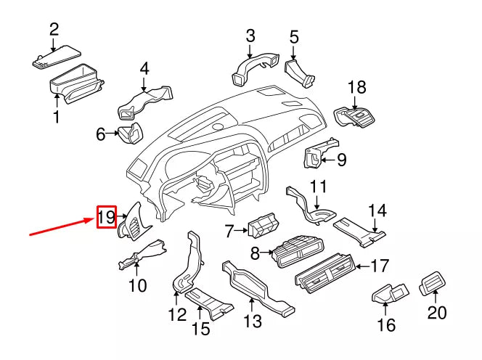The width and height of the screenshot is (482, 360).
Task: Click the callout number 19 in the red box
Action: (x=106, y=216)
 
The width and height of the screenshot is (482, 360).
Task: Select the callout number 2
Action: (x=54, y=30)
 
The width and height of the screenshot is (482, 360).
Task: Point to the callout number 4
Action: (x=144, y=69)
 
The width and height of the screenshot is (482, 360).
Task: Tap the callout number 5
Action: (x=294, y=36)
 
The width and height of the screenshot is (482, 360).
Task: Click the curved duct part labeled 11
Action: (x=312, y=205)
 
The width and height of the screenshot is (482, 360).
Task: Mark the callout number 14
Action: (x=377, y=211)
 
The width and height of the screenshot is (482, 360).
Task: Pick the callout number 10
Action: (x=137, y=285)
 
